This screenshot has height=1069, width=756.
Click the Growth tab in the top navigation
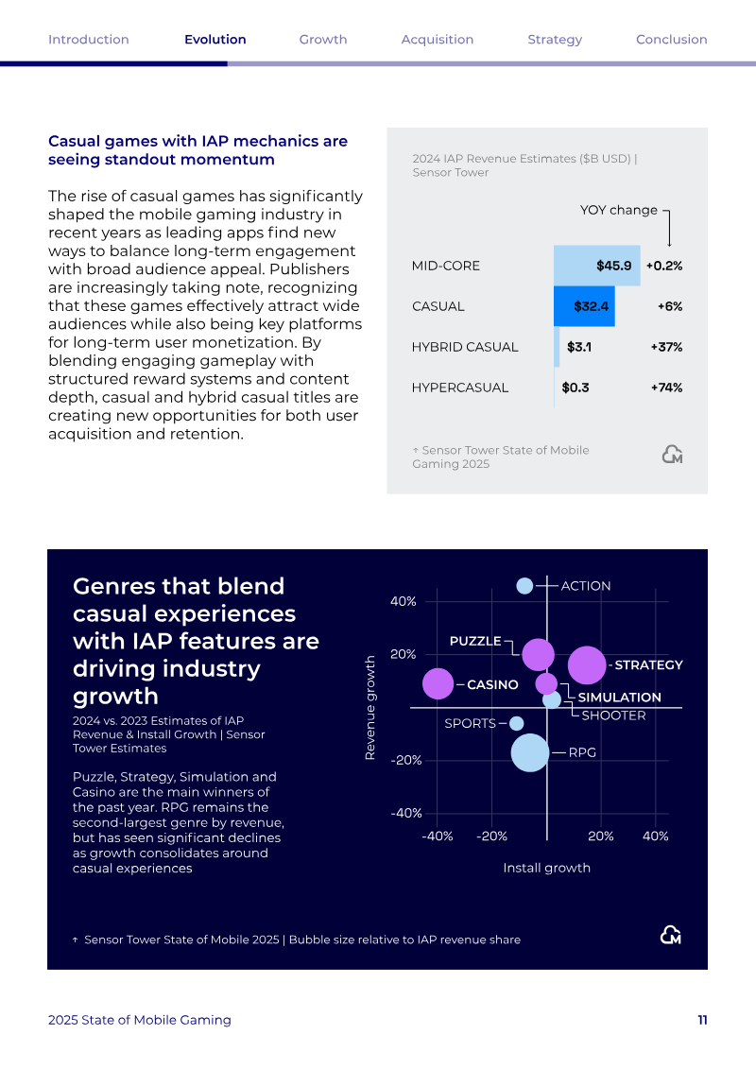pos(323,40)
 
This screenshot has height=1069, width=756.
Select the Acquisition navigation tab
pos(437,40)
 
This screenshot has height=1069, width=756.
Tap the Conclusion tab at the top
pos(672,40)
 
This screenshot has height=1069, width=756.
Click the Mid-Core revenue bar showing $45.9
pos(596,266)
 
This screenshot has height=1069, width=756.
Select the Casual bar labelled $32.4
pos(584,306)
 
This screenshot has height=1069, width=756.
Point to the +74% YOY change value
pos(667,388)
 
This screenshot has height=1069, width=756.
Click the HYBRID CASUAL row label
pos(465,347)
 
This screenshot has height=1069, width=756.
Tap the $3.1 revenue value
pos(579,347)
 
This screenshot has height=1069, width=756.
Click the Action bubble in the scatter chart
pos(524,586)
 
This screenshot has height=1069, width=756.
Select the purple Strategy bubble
pos(587,664)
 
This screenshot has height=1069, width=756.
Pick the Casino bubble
pos(438,683)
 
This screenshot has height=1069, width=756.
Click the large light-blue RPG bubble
pos(530,752)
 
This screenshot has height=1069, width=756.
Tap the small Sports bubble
pos(517,723)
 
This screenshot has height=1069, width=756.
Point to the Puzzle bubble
pos(538,655)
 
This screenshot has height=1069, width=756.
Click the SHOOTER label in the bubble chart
pos(613,716)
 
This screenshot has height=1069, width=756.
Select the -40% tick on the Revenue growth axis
pos(406,813)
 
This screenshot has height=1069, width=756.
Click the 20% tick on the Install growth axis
pos(601,836)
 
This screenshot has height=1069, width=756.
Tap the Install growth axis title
pos(547,868)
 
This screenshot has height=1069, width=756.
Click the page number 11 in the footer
pos(703,1020)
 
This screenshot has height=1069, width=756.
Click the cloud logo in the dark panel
pos(672,936)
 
